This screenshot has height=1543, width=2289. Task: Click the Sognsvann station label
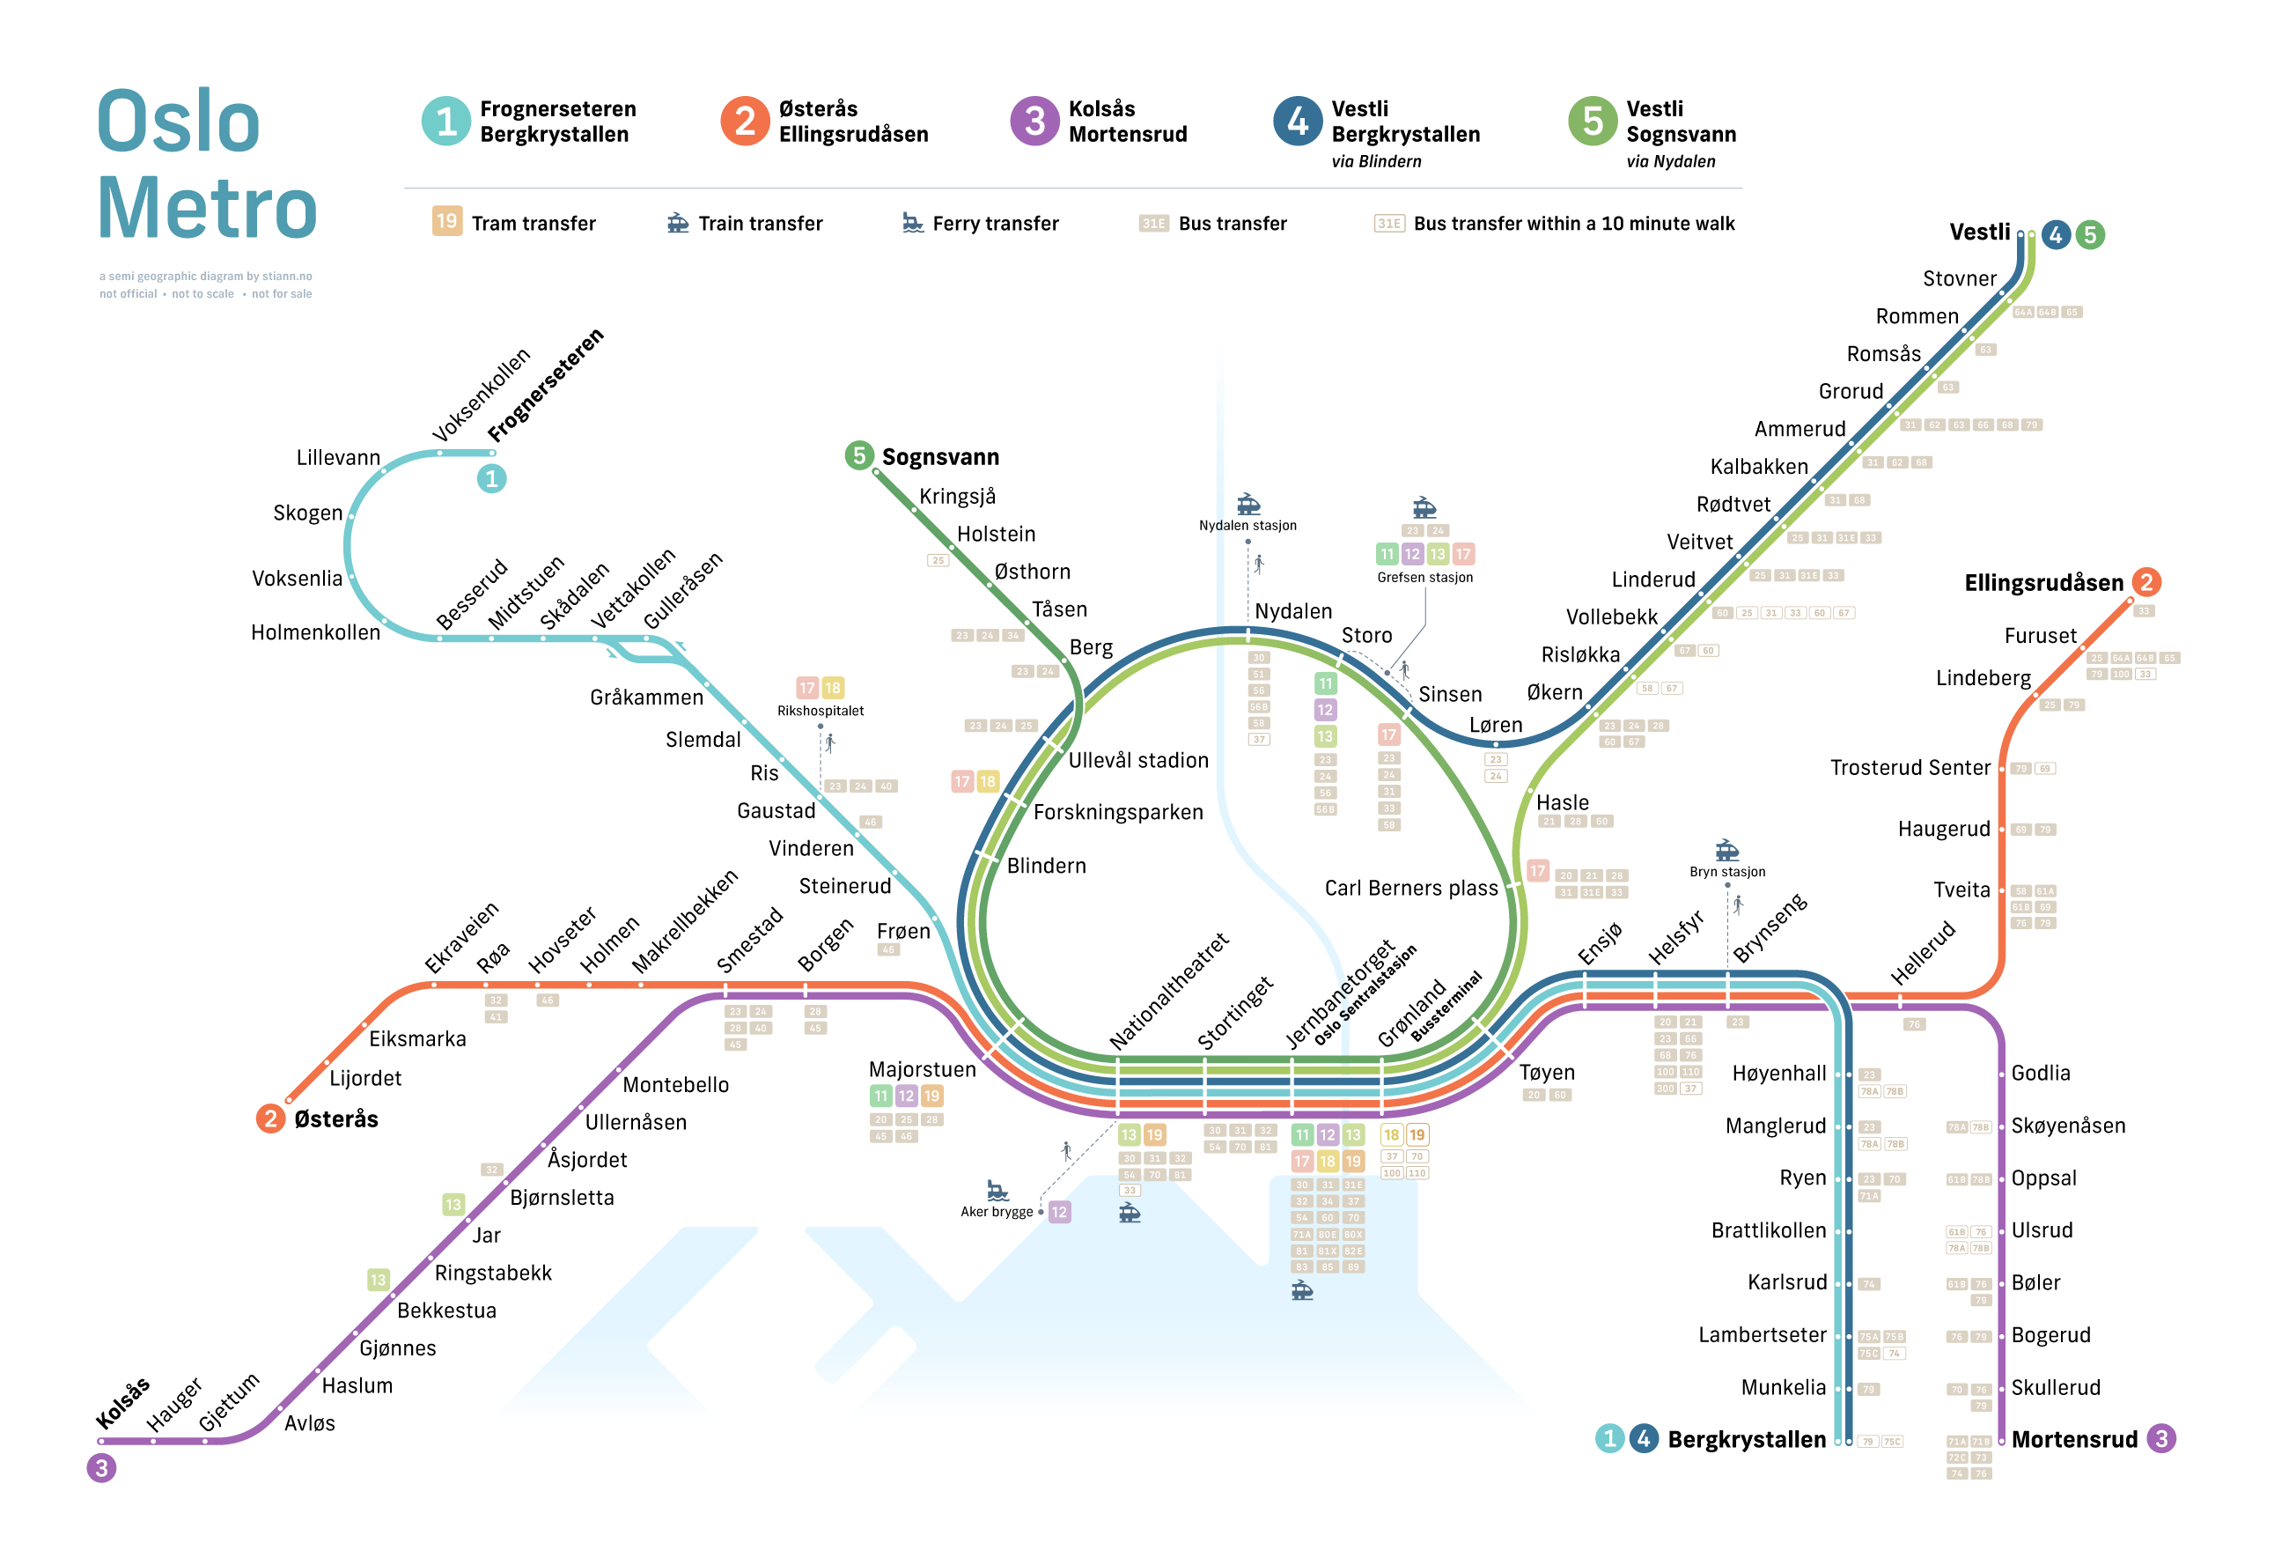pyautogui.click(x=939, y=456)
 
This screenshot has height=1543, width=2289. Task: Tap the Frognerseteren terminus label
pyautogui.click(x=545, y=385)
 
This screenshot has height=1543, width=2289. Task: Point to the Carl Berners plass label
pyautogui.click(x=1410, y=888)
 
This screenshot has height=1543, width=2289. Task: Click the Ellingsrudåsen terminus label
pyautogui.click(x=2043, y=582)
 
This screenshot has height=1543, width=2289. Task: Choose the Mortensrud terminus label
pyautogui.click(x=2073, y=1439)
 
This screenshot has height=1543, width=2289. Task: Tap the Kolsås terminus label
pyautogui.click(x=122, y=1403)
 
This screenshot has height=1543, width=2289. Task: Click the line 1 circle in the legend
pyautogui.click(x=445, y=121)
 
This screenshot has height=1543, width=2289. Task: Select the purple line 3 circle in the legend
pyautogui.click(x=1034, y=121)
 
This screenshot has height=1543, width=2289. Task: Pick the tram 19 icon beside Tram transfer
pyautogui.click(x=446, y=221)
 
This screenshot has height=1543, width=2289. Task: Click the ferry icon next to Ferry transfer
pyautogui.click(x=912, y=223)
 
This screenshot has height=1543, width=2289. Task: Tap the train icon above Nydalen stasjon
pyautogui.click(x=1248, y=504)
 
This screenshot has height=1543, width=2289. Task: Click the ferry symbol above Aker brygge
pyautogui.click(x=997, y=1191)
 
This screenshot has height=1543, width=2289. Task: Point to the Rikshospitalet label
pyautogui.click(x=821, y=711)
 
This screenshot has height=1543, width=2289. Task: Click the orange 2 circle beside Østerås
pyautogui.click(x=269, y=1118)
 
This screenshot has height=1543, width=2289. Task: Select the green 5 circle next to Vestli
pyautogui.click(x=2089, y=234)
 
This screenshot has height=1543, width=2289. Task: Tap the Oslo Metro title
pyautogui.click(x=207, y=163)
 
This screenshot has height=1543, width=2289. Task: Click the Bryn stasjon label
pyautogui.click(x=1726, y=872)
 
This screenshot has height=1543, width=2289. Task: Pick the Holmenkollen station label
pyautogui.click(x=315, y=631)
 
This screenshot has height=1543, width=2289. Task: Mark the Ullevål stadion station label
pyautogui.click(x=1138, y=760)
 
